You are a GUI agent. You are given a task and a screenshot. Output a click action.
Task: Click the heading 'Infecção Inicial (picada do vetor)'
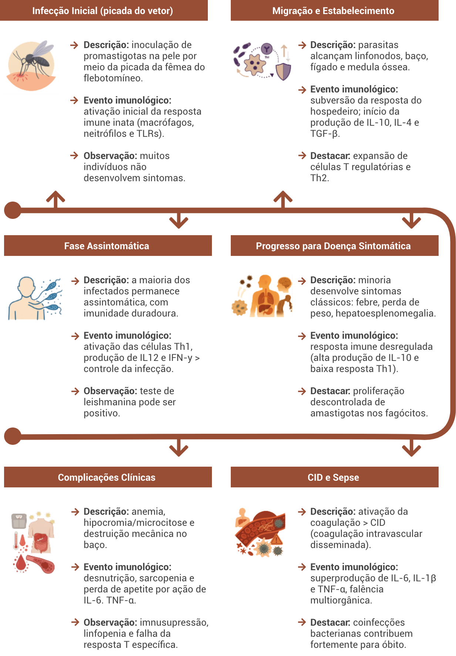coord(102,11)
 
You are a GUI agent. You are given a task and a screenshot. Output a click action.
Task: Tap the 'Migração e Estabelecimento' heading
coord(333,11)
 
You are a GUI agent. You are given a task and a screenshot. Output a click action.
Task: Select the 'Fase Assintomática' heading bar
coord(107,246)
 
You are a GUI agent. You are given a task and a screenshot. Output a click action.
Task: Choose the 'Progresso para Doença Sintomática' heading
coord(333,246)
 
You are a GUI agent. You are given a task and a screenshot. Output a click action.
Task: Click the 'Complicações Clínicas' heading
coord(107,477)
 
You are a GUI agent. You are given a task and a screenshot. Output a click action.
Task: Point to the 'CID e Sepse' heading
coord(333,477)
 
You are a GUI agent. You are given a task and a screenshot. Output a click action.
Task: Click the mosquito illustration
coord(31,66)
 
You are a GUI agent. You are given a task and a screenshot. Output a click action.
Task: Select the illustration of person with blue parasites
coord(35,300)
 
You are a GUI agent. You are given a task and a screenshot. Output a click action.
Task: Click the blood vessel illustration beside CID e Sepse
coord(260,533)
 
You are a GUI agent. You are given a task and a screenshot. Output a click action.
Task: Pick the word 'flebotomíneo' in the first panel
coord(112,78)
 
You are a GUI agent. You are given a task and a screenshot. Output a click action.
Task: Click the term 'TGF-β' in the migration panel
coord(324,133)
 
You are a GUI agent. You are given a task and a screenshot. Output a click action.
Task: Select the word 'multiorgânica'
coord(341,600)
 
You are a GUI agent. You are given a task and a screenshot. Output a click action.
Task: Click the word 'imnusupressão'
coord(174,622)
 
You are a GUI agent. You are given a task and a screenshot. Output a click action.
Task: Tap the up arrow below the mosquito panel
coord(55,198)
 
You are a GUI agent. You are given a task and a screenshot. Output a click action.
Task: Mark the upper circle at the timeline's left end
coord(13,210)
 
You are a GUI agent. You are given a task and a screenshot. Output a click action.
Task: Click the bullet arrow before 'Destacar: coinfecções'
coord(302,622)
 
